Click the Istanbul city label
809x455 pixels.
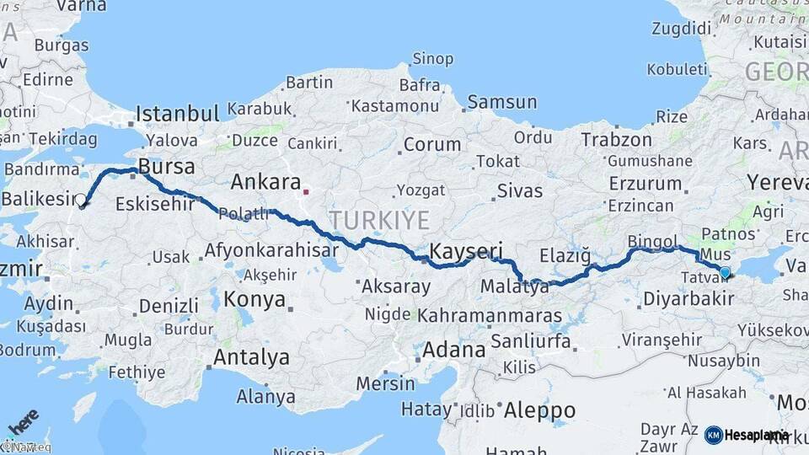tap(177, 114)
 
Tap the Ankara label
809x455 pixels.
tap(265, 182)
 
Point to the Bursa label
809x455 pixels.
tap(167, 165)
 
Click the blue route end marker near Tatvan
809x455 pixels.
tap(725, 272)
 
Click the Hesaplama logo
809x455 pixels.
tap(747, 435)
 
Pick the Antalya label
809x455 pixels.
tap(250, 357)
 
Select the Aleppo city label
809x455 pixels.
tap(539, 410)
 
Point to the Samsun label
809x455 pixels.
tap(501, 103)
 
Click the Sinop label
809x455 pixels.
tap(433, 59)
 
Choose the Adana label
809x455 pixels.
tap(454, 349)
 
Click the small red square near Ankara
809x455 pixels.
tap(306, 190)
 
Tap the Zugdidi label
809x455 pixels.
tap(682, 28)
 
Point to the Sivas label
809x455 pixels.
tap(519, 190)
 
